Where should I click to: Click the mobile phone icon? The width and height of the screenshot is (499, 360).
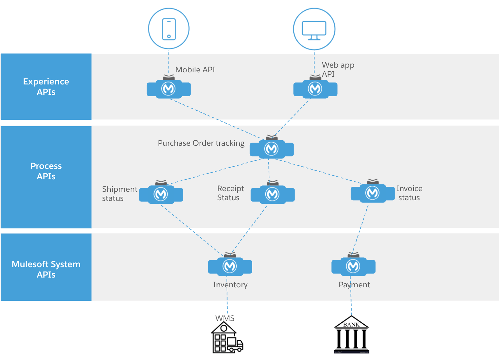[x=169, y=29]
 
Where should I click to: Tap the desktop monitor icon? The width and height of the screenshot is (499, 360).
[x=314, y=31]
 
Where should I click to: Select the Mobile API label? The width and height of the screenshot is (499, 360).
[x=195, y=70]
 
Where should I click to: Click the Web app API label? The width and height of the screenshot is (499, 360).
[x=338, y=69]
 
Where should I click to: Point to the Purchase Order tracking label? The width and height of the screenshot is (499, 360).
[x=201, y=143]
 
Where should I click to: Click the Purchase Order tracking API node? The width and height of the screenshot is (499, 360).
[x=271, y=147]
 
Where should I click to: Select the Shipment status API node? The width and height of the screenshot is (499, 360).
[x=161, y=192]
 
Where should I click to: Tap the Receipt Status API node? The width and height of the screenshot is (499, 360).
[x=273, y=192]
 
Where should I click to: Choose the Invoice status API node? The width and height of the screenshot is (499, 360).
[x=373, y=191]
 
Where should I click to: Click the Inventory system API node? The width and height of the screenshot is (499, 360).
[x=230, y=264]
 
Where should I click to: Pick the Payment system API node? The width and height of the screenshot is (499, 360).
[x=353, y=264]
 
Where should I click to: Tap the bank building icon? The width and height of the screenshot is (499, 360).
[x=351, y=334]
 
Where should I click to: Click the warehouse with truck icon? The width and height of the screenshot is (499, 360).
[x=227, y=337]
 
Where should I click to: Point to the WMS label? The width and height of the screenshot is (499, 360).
[x=225, y=318]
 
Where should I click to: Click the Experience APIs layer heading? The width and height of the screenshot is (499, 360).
[x=46, y=86]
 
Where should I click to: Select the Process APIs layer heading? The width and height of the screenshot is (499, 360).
[x=46, y=171]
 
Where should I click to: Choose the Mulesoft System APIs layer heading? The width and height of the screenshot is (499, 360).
[x=46, y=269]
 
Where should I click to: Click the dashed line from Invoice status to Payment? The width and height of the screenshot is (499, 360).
[x=360, y=228]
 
